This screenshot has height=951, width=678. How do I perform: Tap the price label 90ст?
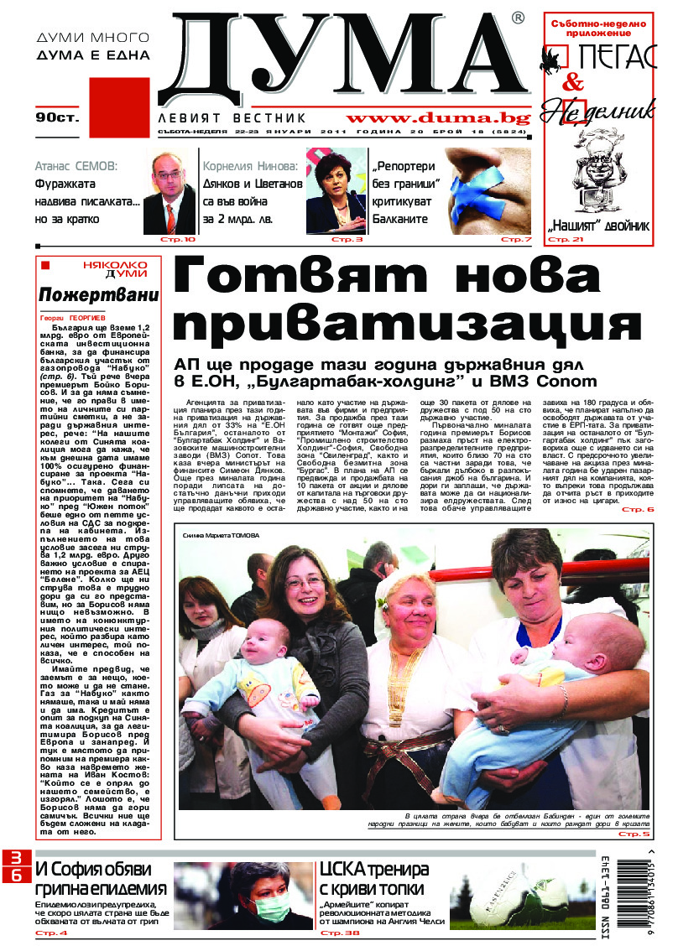pyautogui.click(x=56, y=118)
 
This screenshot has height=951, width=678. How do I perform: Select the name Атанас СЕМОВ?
pyautogui.click(x=76, y=165)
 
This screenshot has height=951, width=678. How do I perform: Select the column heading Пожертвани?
pyautogui.click(x=98, y=295)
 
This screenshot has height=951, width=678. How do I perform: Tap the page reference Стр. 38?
pyautogui.click(x=339, y=933)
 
